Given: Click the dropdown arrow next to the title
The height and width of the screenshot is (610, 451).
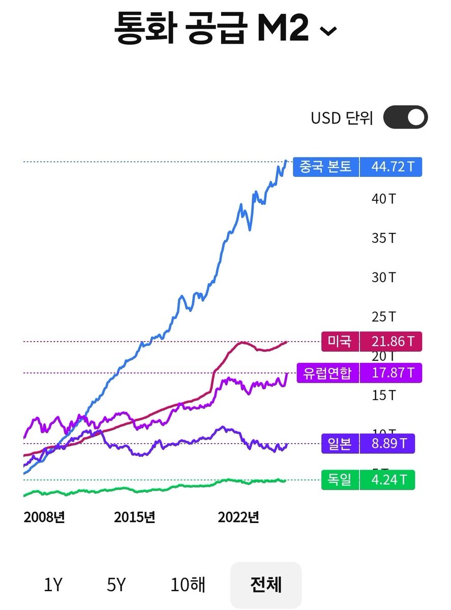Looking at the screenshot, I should [x=328, y=32].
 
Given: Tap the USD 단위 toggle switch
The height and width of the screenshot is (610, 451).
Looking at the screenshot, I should [x=405, y=118].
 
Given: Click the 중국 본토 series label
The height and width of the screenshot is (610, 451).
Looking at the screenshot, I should [x=326, y=167].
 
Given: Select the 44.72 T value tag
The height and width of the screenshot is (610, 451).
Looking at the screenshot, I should [x=390, y=167].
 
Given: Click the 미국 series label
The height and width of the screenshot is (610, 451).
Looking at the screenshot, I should [x=340, y=341].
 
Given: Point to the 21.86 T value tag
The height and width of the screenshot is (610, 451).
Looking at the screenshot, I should [x=390, y=341].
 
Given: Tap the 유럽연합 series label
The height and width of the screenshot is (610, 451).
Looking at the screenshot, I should [x=327, y=373].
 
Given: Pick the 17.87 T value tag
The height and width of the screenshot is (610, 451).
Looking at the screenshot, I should [x=390, y=373].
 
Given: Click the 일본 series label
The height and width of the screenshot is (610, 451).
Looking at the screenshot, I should [x=340, y=443].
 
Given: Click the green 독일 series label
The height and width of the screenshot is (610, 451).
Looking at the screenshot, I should [x=340, y=480].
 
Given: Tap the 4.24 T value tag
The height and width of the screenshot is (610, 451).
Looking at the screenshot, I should [x=387, y=480].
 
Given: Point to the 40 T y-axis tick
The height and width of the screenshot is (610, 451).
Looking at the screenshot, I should [x=383, y=198].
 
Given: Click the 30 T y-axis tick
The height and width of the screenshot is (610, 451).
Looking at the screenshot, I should [x=383, y=278].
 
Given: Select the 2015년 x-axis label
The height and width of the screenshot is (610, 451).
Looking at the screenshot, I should [x=134, y=517].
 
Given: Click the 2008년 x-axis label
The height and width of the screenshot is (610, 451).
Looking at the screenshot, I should [x=44, y=517].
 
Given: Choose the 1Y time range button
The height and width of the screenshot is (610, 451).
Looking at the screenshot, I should [x=52, y=585].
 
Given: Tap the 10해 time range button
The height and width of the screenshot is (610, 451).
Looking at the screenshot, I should [x=188, y=585].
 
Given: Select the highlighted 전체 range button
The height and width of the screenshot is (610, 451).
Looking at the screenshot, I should [x=265, y=585].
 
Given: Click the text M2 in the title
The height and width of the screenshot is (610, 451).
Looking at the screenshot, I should [x=283, y=29].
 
